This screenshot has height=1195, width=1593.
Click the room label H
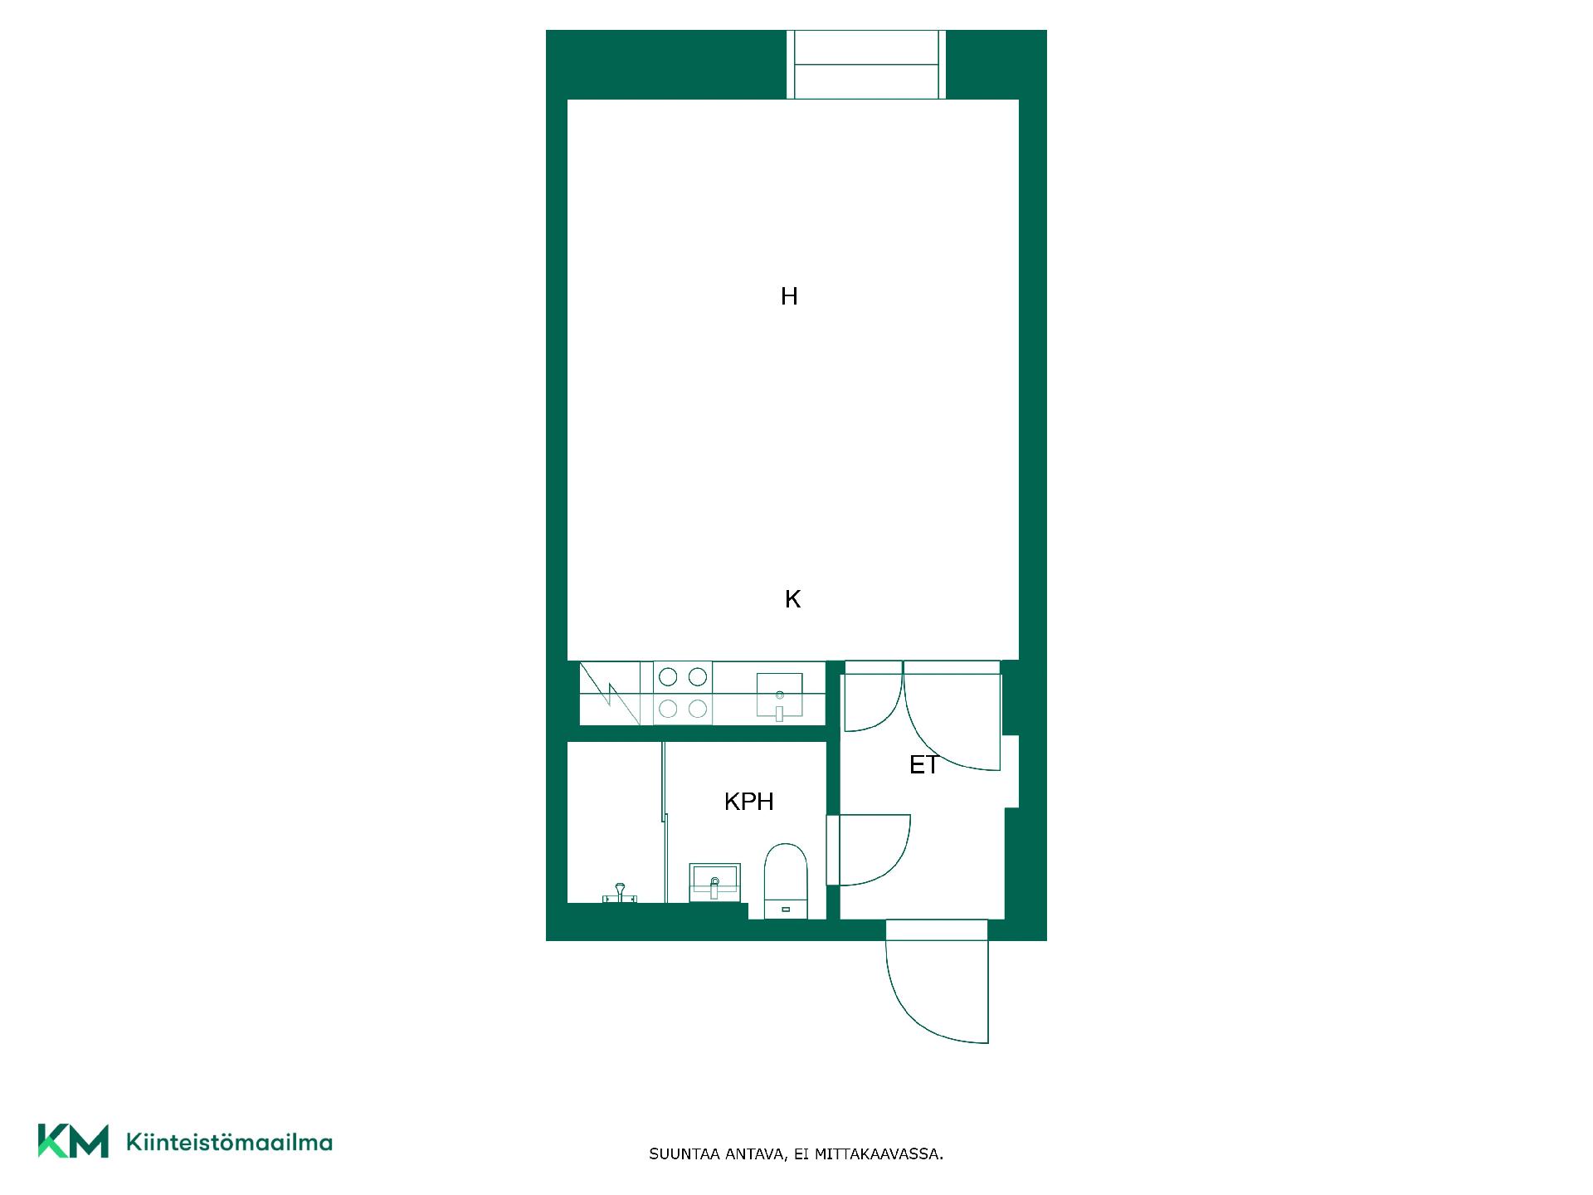point(789,296)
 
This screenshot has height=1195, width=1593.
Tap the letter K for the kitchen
point(792,599)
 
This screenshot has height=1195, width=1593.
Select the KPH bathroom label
point(748,802)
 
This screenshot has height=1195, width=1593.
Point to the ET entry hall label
point(923,765)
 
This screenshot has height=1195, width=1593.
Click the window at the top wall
point(866,65)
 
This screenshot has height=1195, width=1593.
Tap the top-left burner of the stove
point(668,677)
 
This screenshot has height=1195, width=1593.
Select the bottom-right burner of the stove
point(698,709)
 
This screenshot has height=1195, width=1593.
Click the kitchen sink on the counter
point(779,695)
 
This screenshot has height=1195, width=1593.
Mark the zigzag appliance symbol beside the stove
point(611,693)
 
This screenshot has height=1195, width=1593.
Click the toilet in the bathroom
point(785,880)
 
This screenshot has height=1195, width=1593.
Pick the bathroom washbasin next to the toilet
point(714,881)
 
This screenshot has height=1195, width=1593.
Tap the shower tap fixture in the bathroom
point(619,893)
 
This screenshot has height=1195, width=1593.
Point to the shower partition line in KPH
point(665,822)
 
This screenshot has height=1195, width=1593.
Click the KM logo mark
point(73,1141)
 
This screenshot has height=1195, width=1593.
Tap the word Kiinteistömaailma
point(229,1142)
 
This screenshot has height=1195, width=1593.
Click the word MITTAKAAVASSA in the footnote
point(879,1154)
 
